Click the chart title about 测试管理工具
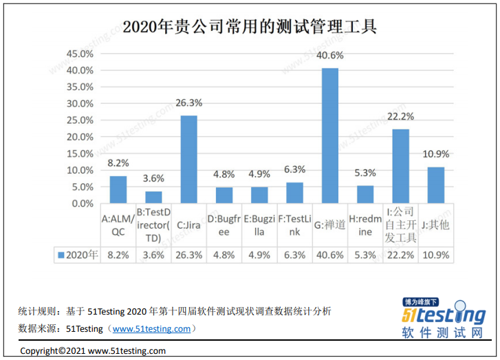250,27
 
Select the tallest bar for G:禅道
330,136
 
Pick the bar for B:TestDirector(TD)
154,197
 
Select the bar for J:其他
436,185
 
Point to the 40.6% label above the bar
330,56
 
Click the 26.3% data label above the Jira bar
189,103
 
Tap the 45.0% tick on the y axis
79,54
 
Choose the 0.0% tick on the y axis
82,204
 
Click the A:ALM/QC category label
118,225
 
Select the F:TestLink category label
294,225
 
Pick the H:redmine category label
365,225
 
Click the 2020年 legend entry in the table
78,255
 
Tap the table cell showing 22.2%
400,255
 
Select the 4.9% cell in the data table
259,255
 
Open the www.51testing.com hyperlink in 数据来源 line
151,328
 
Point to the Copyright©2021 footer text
93,350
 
